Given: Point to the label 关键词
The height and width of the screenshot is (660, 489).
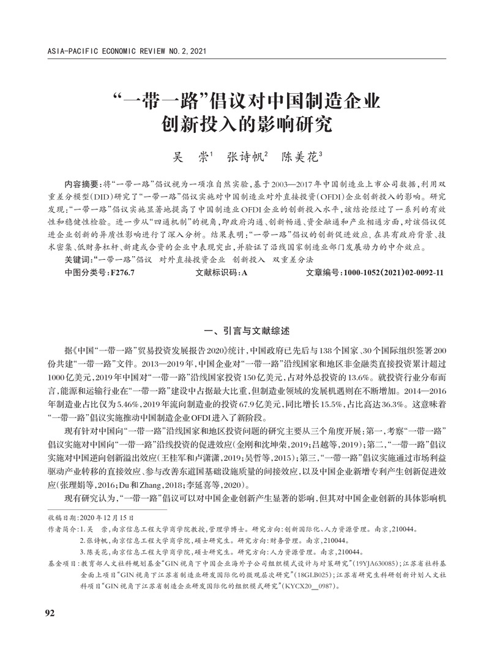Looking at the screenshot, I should click(79, 260).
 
